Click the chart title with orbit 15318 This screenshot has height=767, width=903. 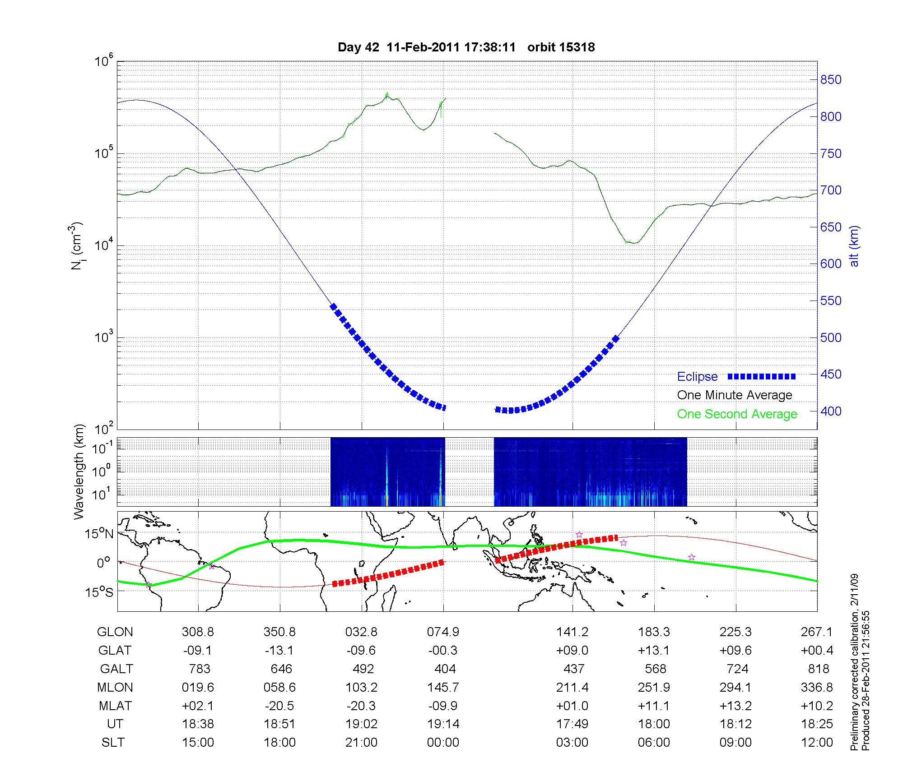coord(466,47)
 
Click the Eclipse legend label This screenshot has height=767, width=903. coord(697,376)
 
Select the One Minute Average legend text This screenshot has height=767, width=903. coord(735,395)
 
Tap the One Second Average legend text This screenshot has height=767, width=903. coord(737,414)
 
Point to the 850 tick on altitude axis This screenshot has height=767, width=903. coord(831,80)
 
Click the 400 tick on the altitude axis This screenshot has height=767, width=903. coord(831,411)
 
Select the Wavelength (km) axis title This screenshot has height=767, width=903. coord(79,471)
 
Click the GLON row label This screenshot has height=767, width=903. coord(115,632)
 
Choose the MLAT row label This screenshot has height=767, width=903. coord(115,706)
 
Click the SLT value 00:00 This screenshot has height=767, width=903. coord(443,743)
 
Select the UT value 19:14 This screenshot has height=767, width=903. coord(443,724)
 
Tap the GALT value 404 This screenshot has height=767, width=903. coord(444,669)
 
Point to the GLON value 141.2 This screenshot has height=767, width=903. coord(572,632)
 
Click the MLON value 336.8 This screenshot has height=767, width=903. coord(817,687)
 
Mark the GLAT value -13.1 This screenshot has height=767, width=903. coord(279,650)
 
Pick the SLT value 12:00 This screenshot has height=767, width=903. coord(818,743)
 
